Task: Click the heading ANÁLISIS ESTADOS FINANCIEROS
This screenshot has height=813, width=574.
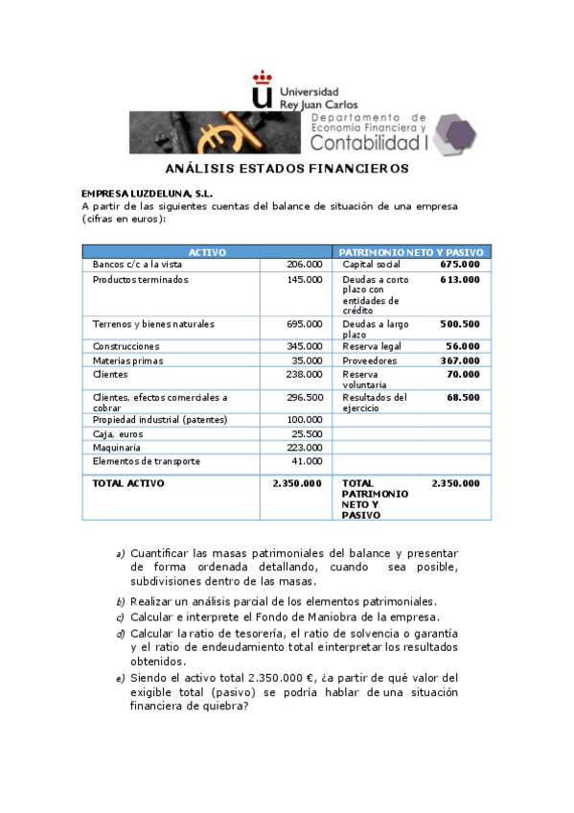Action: tap(281, 169)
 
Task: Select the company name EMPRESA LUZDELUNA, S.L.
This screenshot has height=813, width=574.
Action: tap(147, 193)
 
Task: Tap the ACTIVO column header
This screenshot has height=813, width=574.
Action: tap(207, 252)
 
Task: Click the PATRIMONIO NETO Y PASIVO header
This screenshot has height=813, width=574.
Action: tap(411, 252)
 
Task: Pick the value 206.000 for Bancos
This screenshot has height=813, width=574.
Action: tap(305, 264)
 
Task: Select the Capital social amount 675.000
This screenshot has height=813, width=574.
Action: tap(459, 264)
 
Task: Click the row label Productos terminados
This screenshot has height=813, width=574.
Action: tap(140, 280)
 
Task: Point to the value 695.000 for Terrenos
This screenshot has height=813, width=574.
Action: tap(305, 324)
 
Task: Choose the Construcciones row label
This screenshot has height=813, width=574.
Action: tap(126, 346)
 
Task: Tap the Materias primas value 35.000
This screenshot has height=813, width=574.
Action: tap(308, 360)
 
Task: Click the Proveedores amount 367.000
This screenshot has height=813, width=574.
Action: tap(459, 360)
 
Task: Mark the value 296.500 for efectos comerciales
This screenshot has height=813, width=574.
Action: tap(305, 397)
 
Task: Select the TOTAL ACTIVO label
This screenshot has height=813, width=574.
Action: tap(128, 483)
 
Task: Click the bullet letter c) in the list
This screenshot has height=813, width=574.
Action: tap(120, 617)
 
